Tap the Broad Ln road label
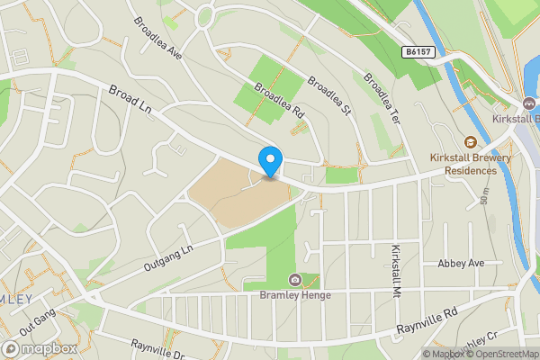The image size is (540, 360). click(x=130, y=101)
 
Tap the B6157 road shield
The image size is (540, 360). click(x=419, y=52)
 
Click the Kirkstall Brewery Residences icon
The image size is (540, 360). click(x=470, y=141)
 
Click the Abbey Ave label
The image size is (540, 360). click(x=461, y=264)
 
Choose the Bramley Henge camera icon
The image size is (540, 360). click(x=294, y=279)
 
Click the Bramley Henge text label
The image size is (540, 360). click(x=295, y=295)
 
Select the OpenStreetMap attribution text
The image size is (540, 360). click(x=500, y=354)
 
